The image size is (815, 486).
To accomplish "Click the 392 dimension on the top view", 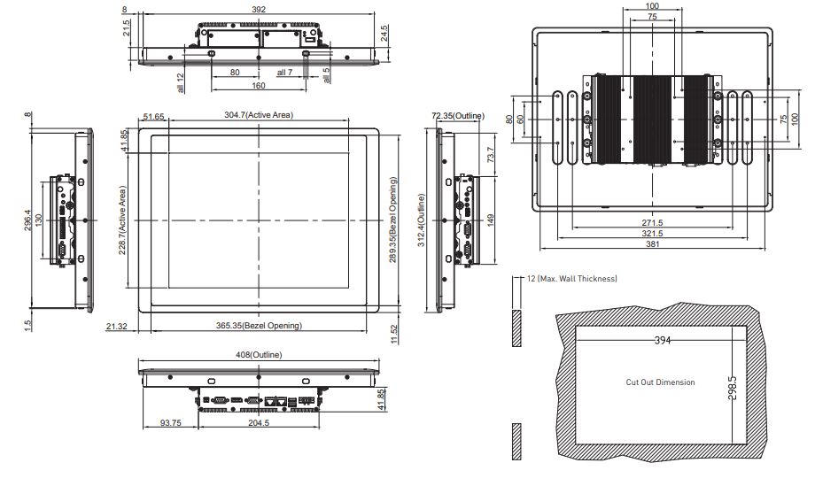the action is coord(259,10).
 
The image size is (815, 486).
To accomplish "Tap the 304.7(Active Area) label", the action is coord(259,115).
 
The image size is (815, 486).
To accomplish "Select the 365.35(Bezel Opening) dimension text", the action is coord(259,326).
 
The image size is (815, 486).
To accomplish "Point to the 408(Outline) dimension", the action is coord(259,355).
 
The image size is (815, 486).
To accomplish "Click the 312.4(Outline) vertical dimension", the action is coord(422,220).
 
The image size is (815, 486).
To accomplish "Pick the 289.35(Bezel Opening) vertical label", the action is coord(393,220).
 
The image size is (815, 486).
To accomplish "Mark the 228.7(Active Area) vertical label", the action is coord(122,220).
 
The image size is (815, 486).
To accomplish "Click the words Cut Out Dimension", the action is coord(660,382).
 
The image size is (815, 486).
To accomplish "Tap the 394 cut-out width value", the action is coord(663,340).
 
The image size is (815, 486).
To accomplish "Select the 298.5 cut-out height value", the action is coord(732,388).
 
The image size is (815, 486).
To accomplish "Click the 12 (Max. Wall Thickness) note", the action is coord(572,279).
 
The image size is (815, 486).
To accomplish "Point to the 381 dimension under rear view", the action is coord(652,243).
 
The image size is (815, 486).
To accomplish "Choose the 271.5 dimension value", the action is coord(652,223).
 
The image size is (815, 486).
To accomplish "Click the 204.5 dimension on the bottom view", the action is coord(259,422).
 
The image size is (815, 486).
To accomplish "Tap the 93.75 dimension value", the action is coord(170,422).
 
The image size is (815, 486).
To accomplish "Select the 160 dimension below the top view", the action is coord(259,86).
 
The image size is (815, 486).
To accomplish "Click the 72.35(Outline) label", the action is coord(458,116).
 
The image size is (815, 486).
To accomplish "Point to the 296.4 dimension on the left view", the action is coord(28,220).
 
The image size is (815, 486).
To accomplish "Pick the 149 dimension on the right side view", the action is coord(491,220).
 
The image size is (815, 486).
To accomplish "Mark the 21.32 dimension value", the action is coord(116,326).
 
